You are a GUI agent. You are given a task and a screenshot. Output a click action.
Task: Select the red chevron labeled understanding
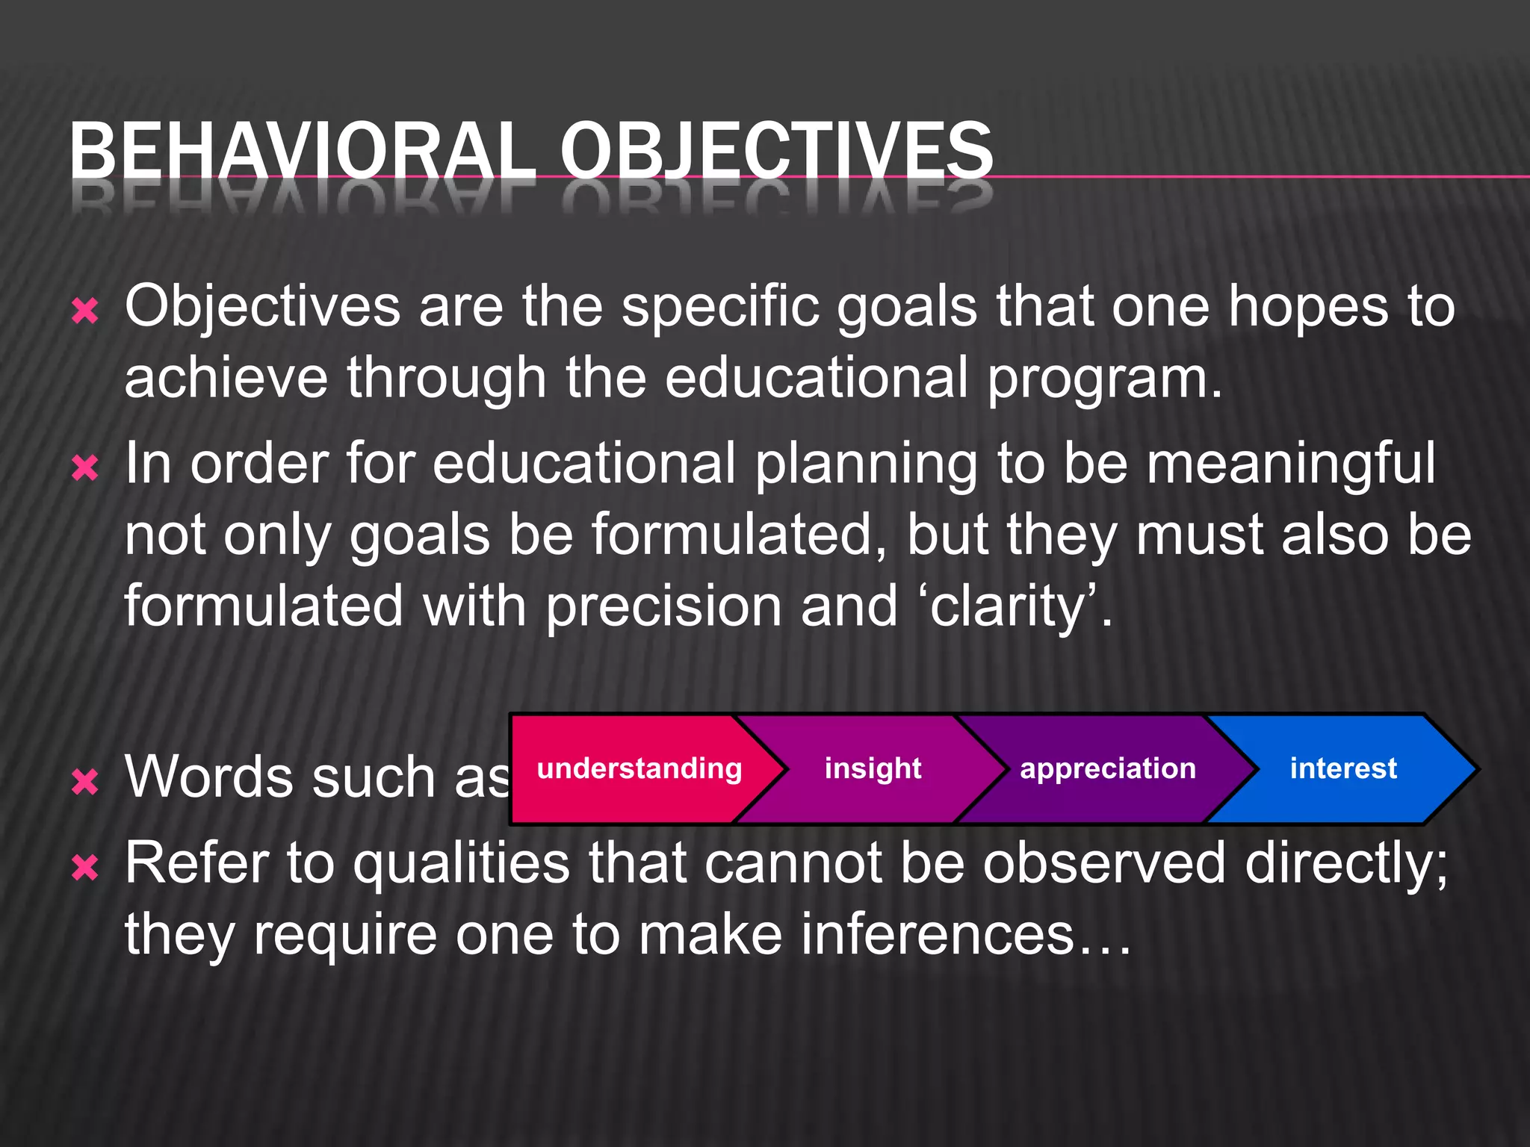pos(639,768)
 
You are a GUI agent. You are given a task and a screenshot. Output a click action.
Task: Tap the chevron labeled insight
pos(873,768)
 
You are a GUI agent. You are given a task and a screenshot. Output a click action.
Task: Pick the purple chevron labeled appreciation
pos(1107,768)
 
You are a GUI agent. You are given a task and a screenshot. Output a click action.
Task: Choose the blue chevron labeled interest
pos(1343,768)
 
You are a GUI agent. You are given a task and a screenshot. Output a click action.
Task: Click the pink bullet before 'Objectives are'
pos(85,311)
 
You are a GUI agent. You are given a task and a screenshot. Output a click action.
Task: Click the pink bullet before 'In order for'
pos(85,469)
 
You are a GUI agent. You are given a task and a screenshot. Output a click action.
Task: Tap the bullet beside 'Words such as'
pos(85,782)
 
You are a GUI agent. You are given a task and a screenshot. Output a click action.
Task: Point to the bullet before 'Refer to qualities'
pos(85,868)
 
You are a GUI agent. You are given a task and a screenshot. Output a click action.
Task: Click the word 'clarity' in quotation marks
pos(1009,606)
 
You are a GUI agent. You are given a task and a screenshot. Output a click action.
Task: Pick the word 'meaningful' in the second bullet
pos(1290,464)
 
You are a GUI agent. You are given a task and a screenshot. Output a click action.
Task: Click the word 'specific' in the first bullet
pos(720,307)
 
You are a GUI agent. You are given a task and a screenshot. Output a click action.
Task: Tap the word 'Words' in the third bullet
pos(209,777)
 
